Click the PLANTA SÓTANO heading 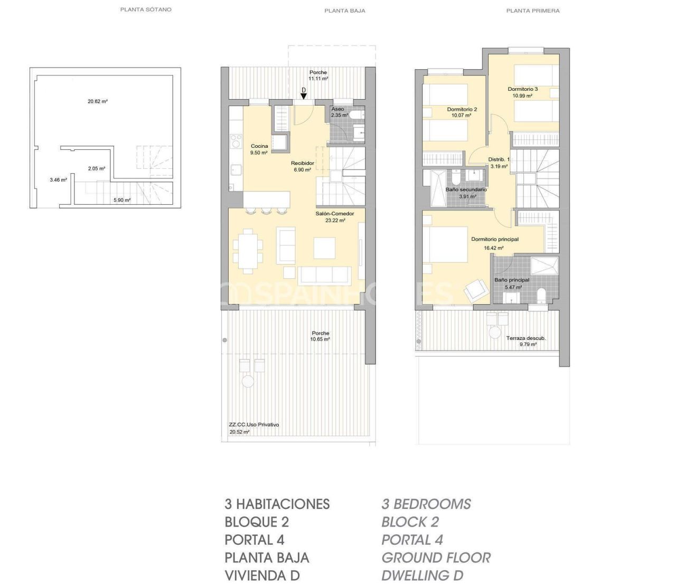146,10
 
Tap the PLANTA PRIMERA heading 532,11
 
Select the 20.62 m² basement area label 98,101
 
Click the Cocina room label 259,146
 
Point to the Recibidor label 302,164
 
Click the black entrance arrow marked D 303,96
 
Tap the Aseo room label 337,109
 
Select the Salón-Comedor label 334,214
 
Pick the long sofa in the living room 324,275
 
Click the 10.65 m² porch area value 320,339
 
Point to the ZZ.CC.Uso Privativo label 253,425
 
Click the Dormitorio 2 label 462,110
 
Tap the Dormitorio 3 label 522,89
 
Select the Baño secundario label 466,190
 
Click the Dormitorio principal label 494,239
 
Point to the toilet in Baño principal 541,295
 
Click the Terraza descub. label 525,338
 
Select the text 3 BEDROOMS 426,504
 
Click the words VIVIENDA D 262,575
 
